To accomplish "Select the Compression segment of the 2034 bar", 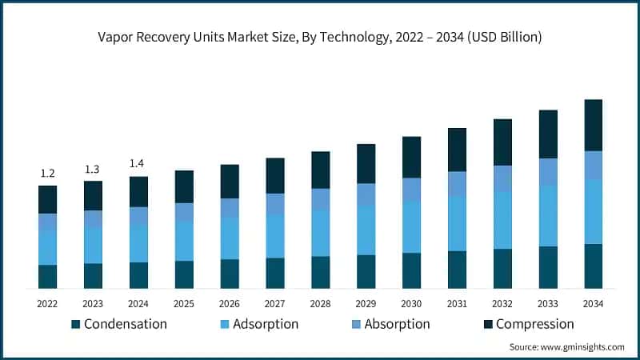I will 594,126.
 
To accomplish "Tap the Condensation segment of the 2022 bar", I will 48,276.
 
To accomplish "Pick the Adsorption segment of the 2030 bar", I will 412,227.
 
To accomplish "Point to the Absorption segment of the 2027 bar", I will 275,204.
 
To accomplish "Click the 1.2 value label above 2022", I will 48,174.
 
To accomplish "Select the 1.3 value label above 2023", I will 93,169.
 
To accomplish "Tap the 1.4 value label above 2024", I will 138,164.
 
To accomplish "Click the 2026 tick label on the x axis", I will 230,303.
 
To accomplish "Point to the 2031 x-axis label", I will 457,303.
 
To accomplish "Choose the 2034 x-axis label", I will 594,303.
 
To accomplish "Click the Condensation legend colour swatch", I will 76,325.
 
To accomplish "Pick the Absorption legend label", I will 397,324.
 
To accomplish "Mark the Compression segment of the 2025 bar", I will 184,186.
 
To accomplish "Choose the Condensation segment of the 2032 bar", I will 502,268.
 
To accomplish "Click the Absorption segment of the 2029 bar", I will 366,194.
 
